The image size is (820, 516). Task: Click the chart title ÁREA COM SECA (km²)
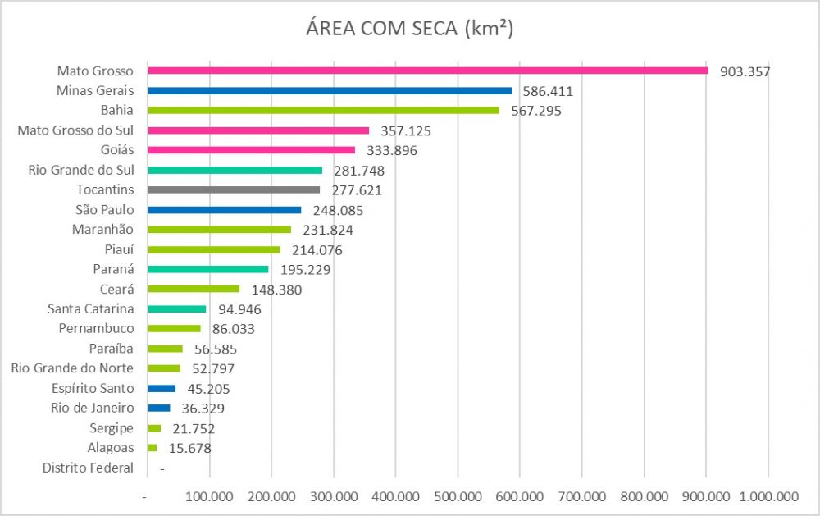409,28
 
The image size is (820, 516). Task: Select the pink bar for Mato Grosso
428,71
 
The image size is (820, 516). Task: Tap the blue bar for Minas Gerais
330,90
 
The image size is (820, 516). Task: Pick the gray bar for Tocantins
234,190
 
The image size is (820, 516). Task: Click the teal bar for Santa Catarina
177,308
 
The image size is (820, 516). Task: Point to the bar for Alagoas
153,448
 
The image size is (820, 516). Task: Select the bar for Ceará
194,289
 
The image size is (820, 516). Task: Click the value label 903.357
745,71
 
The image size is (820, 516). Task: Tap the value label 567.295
536,111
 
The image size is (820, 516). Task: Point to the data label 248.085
338,210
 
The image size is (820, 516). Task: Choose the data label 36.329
203,409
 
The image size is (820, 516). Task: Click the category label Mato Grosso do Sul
75,130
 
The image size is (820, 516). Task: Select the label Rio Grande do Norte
72,368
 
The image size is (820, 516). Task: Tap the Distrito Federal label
88,468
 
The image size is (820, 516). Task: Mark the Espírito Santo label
93,388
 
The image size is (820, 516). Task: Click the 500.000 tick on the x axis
458,496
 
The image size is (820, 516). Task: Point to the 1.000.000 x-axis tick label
769,496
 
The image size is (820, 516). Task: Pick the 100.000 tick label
209,496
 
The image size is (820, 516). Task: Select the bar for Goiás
252,150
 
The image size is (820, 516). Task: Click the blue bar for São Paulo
225,210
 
